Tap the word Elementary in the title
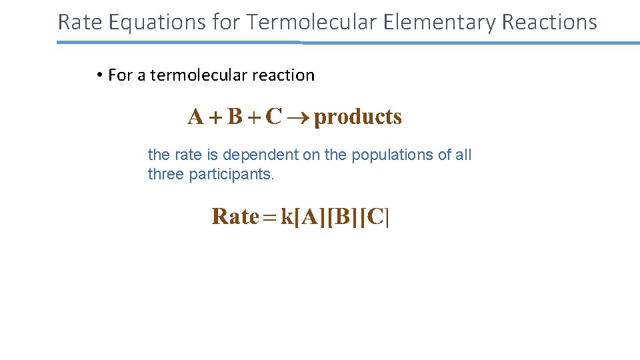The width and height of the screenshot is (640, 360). point(439,22)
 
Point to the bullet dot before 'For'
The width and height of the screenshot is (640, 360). point(98,75)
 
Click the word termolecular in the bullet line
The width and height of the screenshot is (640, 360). point(190,75)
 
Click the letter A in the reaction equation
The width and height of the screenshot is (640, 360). point(196,117)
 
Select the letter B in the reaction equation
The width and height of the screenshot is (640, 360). point(235,117)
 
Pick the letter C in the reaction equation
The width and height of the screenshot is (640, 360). point(273,117)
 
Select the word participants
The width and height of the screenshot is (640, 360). point(231,175)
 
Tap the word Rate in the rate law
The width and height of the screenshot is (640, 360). point(235,217)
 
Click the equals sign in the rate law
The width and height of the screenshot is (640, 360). point(270,217)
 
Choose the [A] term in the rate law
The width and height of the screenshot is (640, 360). point(309,217)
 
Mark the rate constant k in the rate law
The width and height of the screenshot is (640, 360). point(287,217)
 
